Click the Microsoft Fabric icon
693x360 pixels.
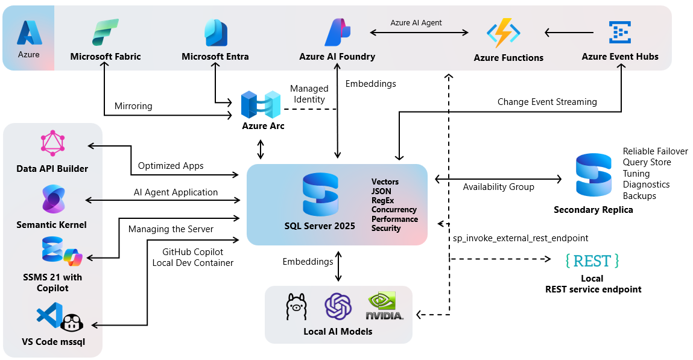click(x=106, y=32)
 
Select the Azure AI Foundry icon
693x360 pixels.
click(x=337, y=33)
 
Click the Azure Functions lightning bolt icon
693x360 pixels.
click(x=503, y=33)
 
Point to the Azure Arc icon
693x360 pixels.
click(x=261, y=105)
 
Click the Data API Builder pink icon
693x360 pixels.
click(x=52, y=143)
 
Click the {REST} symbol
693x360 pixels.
click(x=592, y=261)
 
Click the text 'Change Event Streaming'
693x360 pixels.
click(x=547, y=102)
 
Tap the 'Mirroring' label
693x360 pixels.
click(x=133, y=106)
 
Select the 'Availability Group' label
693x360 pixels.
click(x=498, y=187)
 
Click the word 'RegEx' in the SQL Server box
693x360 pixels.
click(x=384, y=200)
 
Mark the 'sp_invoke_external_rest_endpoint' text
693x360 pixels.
click(x=521, y=238)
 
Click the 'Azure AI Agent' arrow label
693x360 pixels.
click(x=416, y=22)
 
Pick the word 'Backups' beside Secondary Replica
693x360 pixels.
click(x=639, y=196)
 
